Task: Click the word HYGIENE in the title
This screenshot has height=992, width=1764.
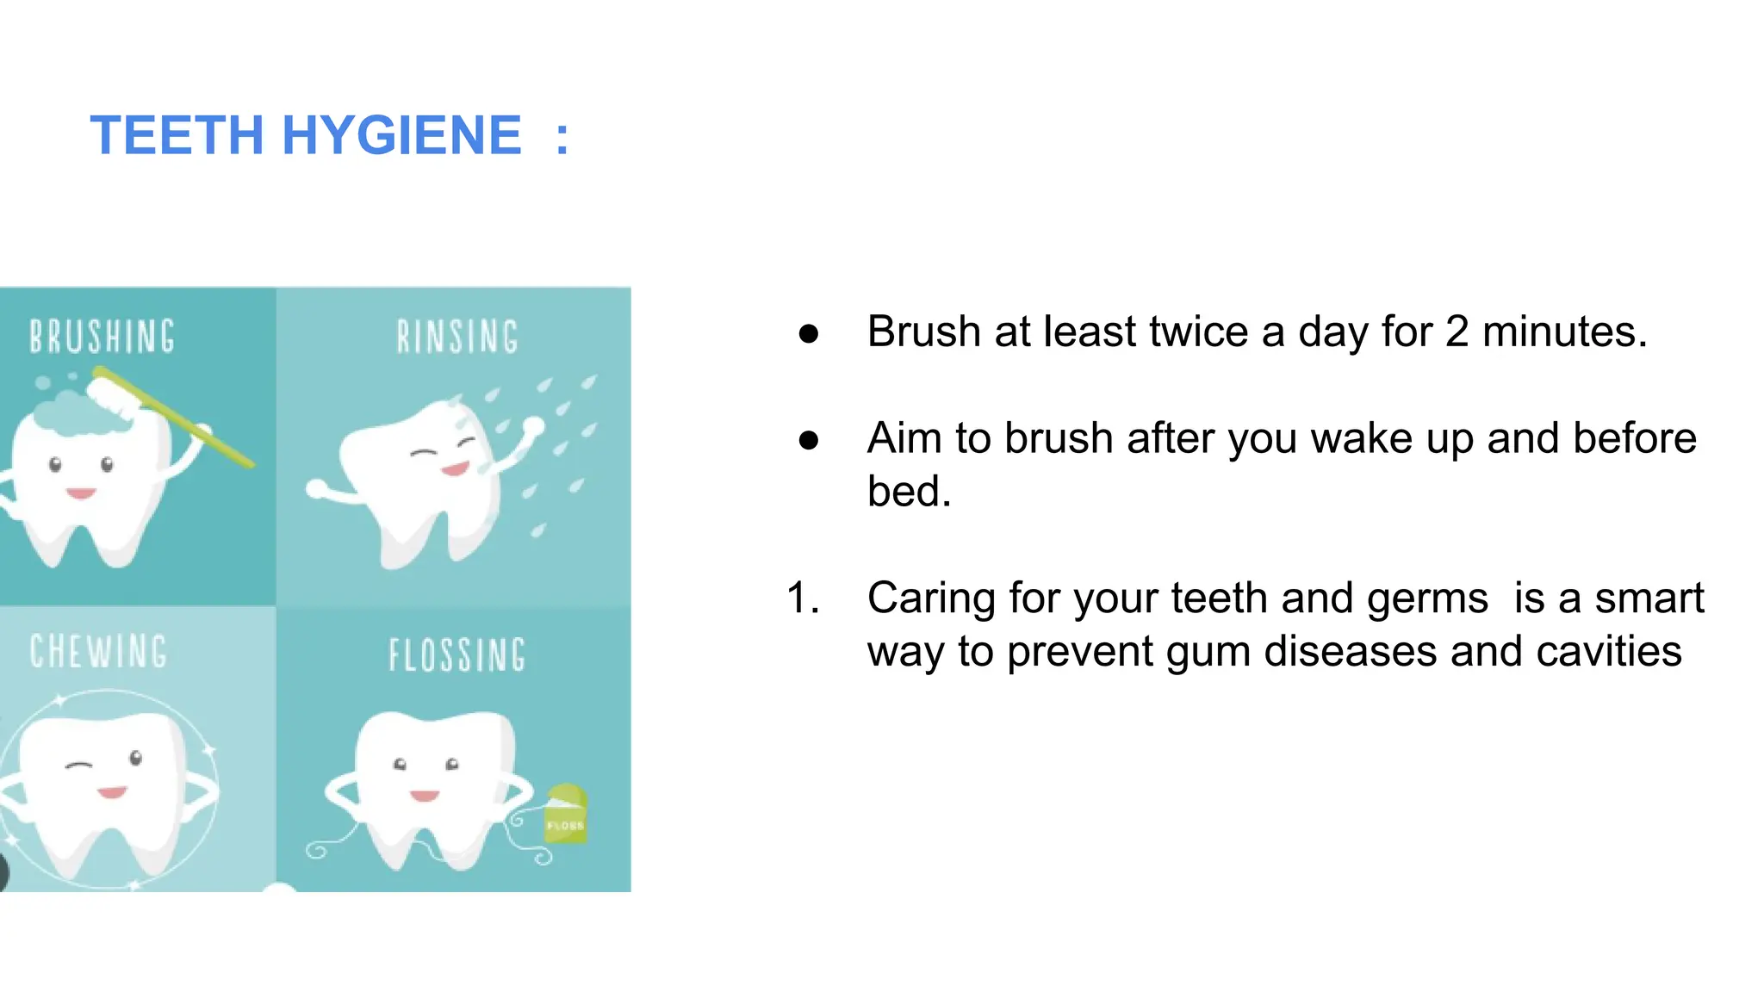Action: tap(401, 136)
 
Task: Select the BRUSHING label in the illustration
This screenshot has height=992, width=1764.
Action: tap(102, 337)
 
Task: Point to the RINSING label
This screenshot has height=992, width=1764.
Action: tap(457, 337)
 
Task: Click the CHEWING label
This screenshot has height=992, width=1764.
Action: tap(98, 652)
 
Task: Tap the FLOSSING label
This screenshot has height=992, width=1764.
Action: tap(457, 655)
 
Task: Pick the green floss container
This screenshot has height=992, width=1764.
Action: tap(566, 814)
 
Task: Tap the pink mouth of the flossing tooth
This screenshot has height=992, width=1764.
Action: tap(424, 795)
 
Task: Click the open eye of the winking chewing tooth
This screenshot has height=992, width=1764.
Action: tap(136, 758)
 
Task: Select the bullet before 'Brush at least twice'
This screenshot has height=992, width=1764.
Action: tap(808, 333)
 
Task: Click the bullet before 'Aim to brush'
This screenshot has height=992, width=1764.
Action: tap(808, 440)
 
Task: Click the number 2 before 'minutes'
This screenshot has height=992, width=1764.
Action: tap(1457, 332)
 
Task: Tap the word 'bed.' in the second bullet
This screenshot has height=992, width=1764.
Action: tap(909, 492)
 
